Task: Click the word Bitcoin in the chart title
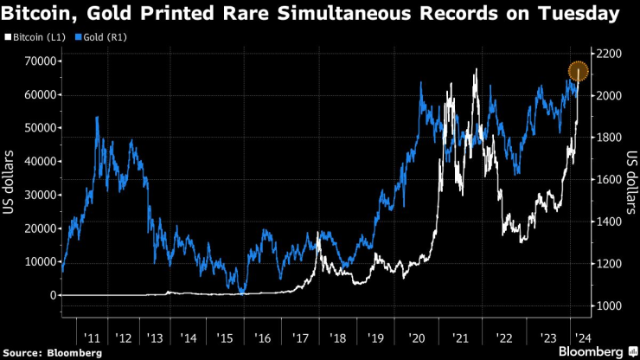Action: click(x=39, y=14)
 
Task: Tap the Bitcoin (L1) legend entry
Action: click(x=35, y=38)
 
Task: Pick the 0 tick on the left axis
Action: click(x=51, y=295)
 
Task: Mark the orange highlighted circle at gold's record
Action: click(x=579, y=72)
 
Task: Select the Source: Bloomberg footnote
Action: click(x=52, y=352)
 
